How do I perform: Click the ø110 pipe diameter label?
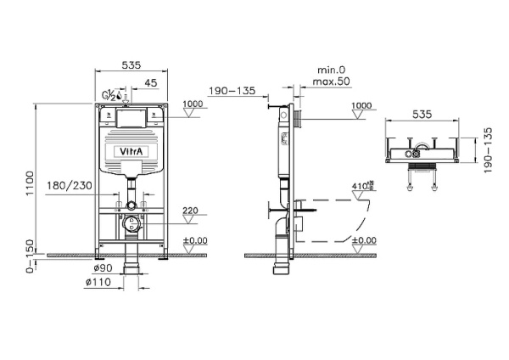click(x=96, y=283)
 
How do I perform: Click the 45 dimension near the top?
click(x=149, y=83)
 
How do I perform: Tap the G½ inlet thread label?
click(x=109, y=95)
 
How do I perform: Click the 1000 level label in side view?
click(x=361, y=105)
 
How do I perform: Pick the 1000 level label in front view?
click(x=193, y=104)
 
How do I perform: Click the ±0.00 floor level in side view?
click(x=362, y=240)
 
